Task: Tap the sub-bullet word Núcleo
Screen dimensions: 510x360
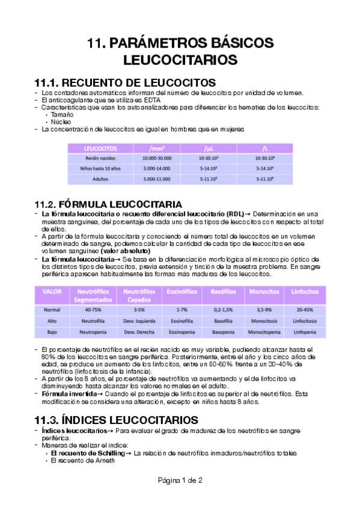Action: [61, 121]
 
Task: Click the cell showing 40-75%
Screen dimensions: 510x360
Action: [93, 310]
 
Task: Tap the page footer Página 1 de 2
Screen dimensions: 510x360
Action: [180, 480]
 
